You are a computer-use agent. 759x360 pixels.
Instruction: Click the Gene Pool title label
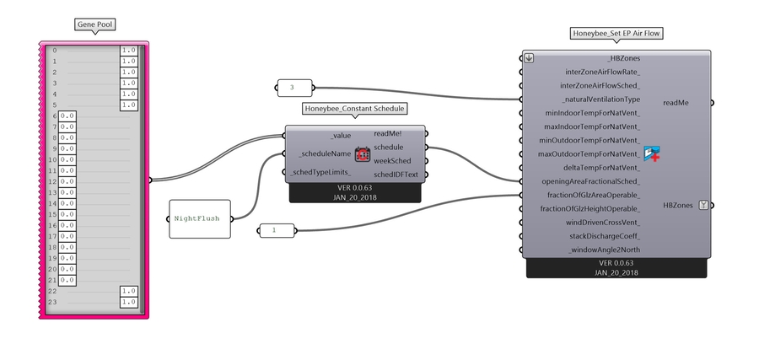point(94,25)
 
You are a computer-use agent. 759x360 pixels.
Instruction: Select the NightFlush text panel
point(200,218)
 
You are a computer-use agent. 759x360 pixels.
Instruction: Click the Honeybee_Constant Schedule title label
point(355,109)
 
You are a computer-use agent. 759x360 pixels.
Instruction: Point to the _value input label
point(341,135)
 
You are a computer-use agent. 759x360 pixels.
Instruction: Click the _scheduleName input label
point(324,153)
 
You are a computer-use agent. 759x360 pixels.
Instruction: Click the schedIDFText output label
point(396,174)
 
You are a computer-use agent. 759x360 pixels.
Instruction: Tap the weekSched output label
point(392,161)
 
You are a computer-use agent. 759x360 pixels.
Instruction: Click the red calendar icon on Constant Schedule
point(363,154)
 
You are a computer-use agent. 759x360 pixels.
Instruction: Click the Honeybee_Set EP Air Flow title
point(616,34)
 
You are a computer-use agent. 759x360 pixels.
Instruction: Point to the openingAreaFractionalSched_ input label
point(589,181)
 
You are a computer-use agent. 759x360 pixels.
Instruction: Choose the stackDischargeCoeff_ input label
point(602,236)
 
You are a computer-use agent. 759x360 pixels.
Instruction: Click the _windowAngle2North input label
point(604,250)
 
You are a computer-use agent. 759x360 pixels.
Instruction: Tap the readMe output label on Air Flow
point(676,102)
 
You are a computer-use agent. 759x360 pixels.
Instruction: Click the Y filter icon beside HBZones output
point(703,205)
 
